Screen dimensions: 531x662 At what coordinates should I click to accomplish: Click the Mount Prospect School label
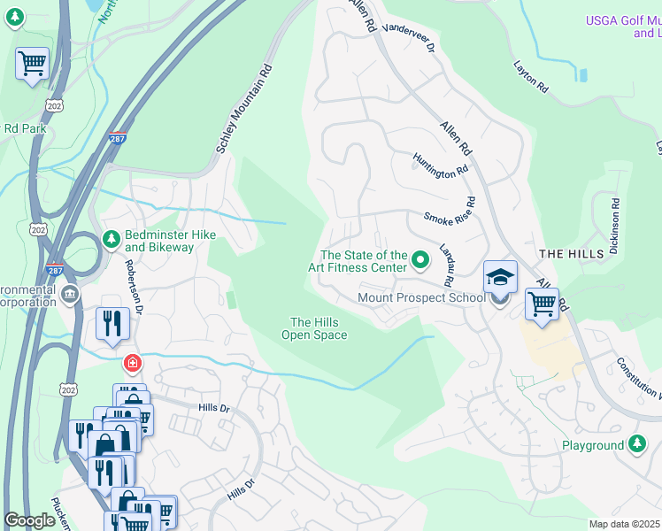click(x=421, y=297)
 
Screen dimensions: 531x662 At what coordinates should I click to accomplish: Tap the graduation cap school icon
click(x=500, y=276)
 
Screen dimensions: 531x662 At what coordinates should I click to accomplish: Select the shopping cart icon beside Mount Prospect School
click(x=542, y=304)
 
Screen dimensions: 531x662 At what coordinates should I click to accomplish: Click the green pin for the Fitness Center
click(x=420, y=260)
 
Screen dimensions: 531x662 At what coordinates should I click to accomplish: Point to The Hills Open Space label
click(x=314, y=328)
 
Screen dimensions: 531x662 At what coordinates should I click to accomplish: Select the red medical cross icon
click(x=132, y=364)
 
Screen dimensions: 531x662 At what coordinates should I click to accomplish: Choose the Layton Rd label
click(x=530, y=77)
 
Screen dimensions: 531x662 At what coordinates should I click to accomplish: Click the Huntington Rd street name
click(x=440, y=164)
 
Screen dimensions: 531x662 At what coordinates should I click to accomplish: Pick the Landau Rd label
click(x=446, y=263)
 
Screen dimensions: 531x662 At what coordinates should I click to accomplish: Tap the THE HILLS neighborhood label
click(x=571, y=253)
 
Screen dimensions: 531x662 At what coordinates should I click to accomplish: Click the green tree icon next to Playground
click(x=637, y=444)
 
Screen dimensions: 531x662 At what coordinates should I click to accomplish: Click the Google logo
click(x=29, y=520)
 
